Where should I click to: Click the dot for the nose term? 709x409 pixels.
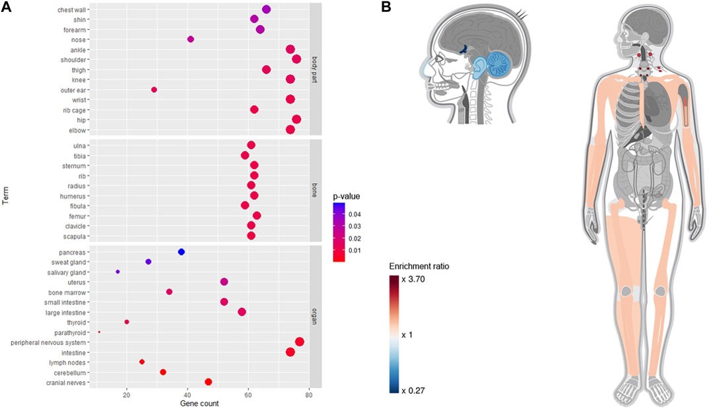coord(191,40)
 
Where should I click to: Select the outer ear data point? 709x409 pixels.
coord(154,90)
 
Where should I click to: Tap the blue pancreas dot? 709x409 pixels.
coord(182,252)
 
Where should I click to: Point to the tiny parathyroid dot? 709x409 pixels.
coord(99,332)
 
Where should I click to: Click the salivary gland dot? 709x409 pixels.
coord(118,272)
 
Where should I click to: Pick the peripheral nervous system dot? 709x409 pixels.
coord(300,342)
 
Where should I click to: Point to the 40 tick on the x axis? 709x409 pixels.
coord(187,395)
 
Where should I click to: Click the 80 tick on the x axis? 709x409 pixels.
coord(309,395)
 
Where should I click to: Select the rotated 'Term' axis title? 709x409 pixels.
coord(5,197)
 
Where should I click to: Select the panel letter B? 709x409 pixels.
coord(386,7)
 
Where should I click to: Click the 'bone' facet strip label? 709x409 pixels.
coord(316,191)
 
